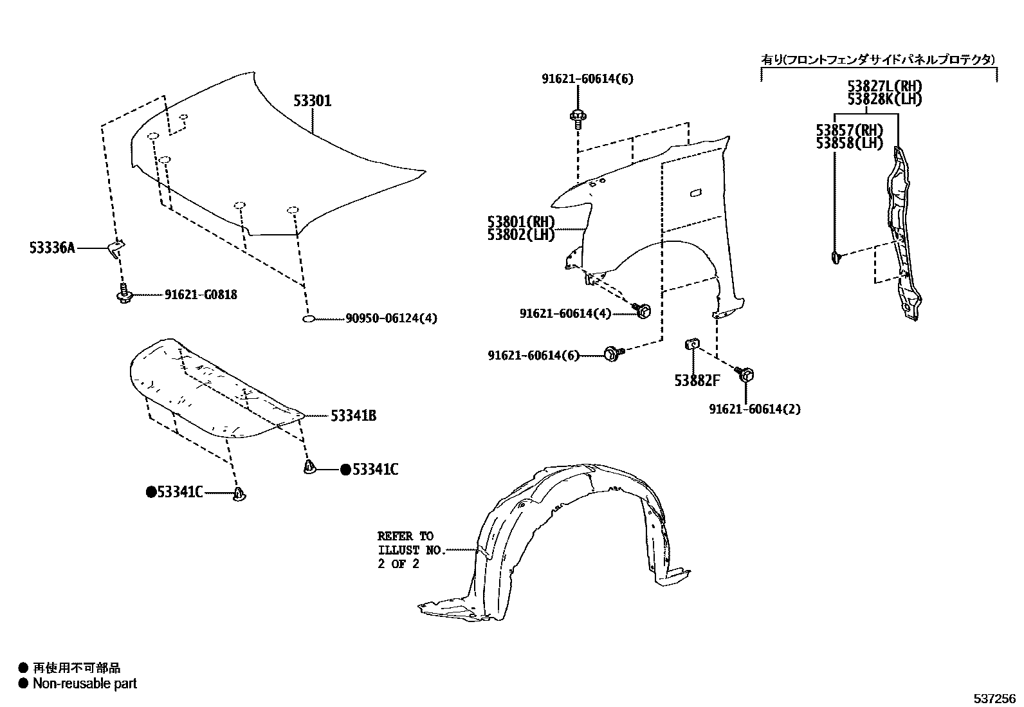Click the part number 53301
coord(313,101)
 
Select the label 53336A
coord(52,247)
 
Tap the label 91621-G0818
coord(201,295)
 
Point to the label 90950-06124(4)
coord(391,318)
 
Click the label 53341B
coord(353,416)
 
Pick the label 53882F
coord(697,381)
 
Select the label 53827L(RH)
coord(884,87)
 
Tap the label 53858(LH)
coord(850,143)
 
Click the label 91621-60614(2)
coord(755,409)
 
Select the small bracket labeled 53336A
coord(116,248)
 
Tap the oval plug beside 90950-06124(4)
coord(308,318)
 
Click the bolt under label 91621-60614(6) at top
coord(576,117)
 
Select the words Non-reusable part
coord(85,684)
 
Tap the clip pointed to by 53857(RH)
coord(835,258)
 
